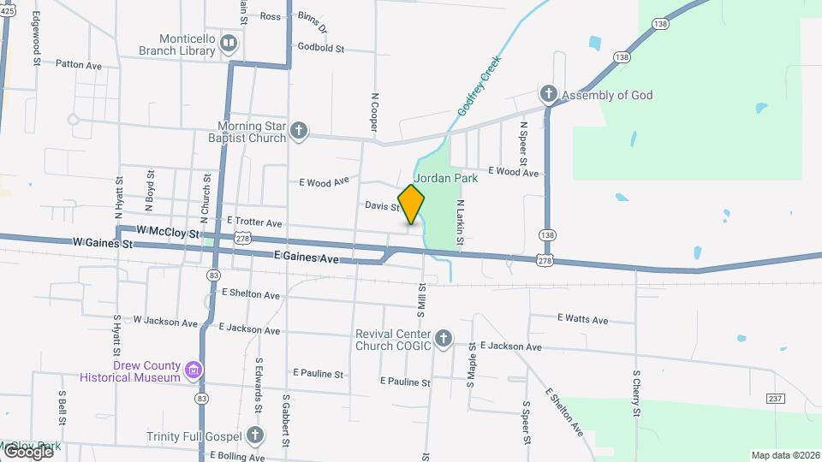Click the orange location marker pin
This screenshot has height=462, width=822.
click(x=411, y=204)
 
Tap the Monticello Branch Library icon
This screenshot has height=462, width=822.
click(x=229, y=44)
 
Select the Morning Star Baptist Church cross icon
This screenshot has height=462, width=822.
click(x=298, y=131)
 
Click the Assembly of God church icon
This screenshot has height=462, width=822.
click(x=548, y=94)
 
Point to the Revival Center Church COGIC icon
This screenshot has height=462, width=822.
click(x=444, y=339)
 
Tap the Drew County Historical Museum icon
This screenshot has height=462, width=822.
click(x=194, y=370)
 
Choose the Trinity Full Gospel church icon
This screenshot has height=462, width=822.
click(x=254, y=435)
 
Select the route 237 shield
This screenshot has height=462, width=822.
click(x=776, y=399)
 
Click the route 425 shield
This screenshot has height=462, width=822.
click(x=6, y=10)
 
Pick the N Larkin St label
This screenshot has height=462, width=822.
click(x=460, y=224)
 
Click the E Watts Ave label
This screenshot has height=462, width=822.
click(x=582, y=320)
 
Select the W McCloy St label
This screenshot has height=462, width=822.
click(x=167, y=232)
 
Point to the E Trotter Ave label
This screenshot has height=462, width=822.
click(x=255, y=221)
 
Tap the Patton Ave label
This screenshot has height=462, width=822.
click(x=78, y=64)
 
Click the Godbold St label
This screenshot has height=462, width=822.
click(x=320, y=49)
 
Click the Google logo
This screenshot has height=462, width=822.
click(x=27, y=451)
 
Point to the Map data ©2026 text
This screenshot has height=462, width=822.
click(x=785, y=455)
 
